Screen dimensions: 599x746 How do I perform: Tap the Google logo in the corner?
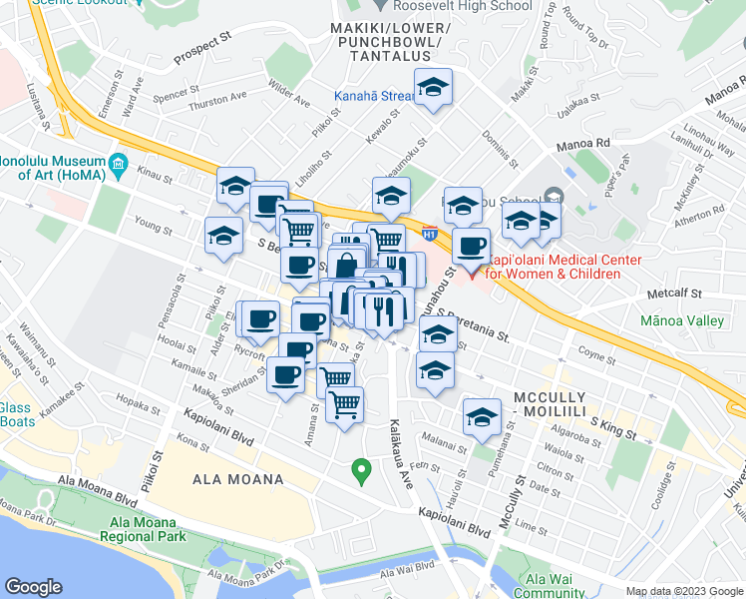coord(34,587)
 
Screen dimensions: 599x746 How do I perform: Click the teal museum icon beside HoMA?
coord(118,162)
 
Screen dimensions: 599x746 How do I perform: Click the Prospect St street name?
coord(201,60)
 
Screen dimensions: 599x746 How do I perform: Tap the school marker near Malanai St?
coord(482,417)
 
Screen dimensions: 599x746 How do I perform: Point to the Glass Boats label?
coord(16,413)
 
